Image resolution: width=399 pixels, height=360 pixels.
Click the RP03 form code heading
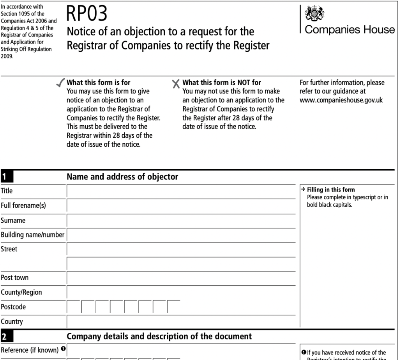pos(87,14)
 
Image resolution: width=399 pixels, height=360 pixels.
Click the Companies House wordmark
pos(350,30)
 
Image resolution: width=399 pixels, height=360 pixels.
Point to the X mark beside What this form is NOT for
pos(177,83)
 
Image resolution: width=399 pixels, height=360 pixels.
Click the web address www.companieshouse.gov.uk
pos(341,100)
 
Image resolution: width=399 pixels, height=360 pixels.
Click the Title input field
pos(181,191)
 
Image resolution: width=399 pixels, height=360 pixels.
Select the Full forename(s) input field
pos(181,206)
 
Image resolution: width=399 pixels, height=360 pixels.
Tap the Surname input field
pos(181,221)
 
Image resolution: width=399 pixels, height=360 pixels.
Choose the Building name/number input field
pos(181,235)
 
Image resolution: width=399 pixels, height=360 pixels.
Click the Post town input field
pos(181,278)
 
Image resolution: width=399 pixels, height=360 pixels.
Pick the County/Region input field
pos(181,292)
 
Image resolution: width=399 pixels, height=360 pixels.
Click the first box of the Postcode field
pos(74,307)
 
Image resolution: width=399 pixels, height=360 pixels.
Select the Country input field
pos(181,322)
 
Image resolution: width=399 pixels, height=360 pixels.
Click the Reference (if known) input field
pos(181,350)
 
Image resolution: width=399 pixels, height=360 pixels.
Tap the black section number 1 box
pos(7,177)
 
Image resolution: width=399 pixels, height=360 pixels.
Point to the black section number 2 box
pos(7,336)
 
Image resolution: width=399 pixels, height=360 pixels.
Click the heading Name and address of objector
pos(122,177)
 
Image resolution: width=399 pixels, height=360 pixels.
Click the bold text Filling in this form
pos(331,190)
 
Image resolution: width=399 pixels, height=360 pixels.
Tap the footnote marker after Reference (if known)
pos(62,349)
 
